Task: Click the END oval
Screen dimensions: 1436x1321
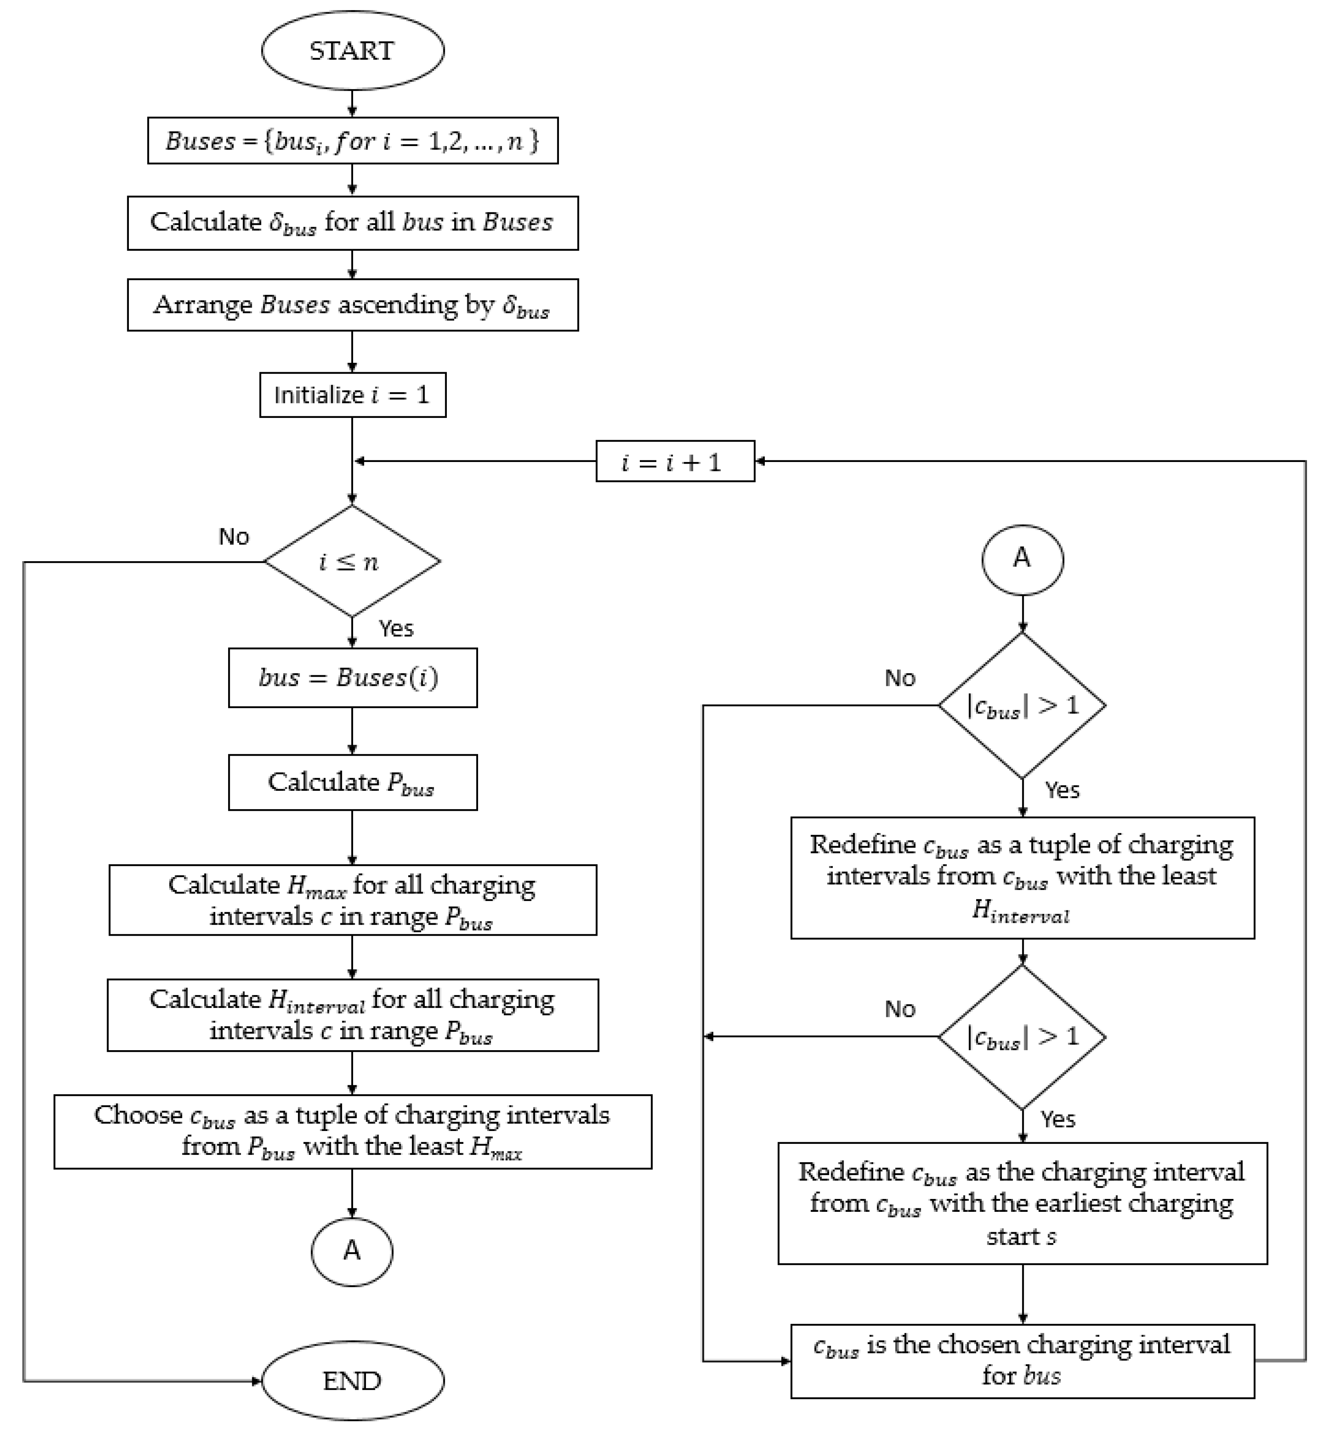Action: click(x=352, y=1379)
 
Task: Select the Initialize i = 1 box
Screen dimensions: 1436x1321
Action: click(x=352, y=394)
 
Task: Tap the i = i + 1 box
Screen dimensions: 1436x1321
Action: click(x=675, y=462)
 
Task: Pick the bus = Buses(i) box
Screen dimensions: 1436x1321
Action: click(x=352, y=678)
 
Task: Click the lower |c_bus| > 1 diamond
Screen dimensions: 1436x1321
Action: click(x=1022, y=1036)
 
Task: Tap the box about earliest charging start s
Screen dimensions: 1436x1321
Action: click(x=1022, y=1203)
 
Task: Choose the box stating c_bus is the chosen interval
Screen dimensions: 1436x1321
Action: click(x=1022, y=1360)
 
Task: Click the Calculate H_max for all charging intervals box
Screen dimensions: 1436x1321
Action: click(x=352, y=900)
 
